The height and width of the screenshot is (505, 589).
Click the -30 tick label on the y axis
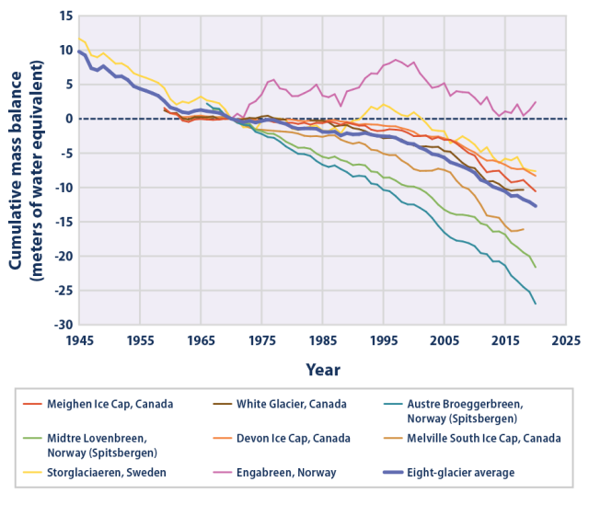click(x=61, y=325)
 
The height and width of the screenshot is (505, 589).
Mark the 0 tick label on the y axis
click(x=66, y=119)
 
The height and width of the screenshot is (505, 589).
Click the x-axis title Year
click(x=323, y=369)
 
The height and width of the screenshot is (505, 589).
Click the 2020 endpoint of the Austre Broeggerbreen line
click(x=536, y=304)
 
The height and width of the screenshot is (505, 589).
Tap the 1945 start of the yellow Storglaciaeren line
click(x=81, y=39)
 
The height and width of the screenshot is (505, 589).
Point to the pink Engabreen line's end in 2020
click(x=536, y=101)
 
